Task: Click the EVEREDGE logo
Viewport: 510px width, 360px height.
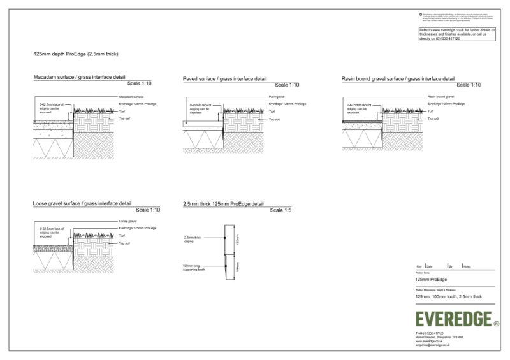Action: click(453, 319)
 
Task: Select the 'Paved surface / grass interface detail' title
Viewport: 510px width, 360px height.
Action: click(224, 78)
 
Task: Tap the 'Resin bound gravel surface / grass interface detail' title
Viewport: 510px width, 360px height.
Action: click(398, 78)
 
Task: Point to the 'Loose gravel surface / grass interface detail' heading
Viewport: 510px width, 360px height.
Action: click(82, 203)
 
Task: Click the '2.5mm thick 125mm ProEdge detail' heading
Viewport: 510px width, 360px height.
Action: click(222, 204)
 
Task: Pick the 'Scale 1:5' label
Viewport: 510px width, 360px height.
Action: click(280, 210)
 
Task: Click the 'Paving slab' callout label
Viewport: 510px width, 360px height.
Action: click(276, 96)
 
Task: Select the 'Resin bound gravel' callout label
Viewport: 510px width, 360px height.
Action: click(440, 96)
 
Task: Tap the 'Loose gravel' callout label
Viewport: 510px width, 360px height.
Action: click(128, 221)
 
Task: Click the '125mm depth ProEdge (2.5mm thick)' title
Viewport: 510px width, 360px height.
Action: click(76, 54)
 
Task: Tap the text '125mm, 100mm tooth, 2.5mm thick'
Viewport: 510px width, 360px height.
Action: click(448, 297)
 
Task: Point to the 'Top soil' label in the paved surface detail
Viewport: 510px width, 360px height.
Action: click(274, 119)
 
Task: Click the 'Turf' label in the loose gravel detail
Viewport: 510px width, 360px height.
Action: click(122, 236)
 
